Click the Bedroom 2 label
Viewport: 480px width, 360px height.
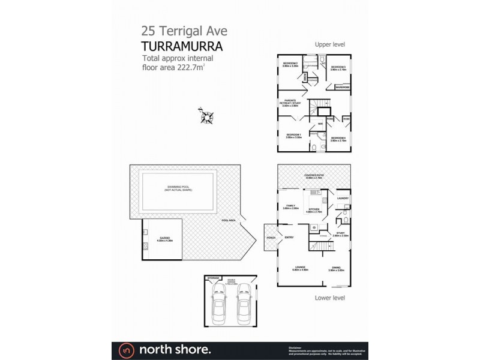click(291, 64)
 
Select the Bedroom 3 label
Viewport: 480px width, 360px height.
click(338, 67)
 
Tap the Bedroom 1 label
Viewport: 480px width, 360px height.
click(293, 136)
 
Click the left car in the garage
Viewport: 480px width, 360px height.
click(220, 302)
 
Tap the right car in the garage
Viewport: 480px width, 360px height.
click(242, 302)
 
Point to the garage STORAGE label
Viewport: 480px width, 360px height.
click(213, 278)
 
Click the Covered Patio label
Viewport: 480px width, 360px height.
click(314, 176)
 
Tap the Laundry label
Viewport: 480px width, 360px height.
click(343, 198)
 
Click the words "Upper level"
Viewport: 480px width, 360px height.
click(330, 44)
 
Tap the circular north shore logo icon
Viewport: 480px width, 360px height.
click(125, 349)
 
